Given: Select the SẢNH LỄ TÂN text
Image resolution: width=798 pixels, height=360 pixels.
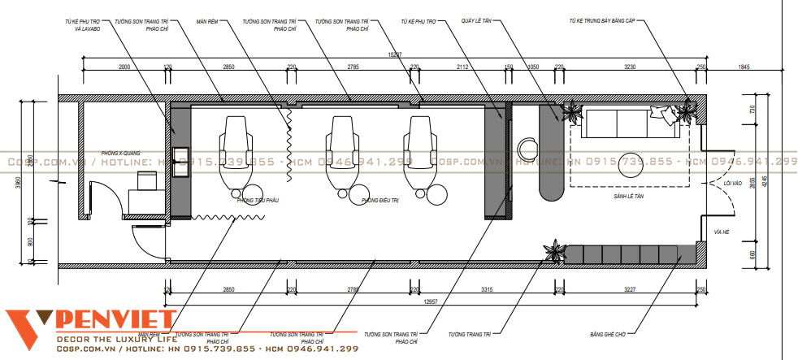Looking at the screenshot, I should [x=628, y=197].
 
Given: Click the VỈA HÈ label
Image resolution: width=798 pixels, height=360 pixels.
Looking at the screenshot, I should [x=720, y=232].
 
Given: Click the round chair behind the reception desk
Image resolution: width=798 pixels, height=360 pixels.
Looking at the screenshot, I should [x=528, y=150].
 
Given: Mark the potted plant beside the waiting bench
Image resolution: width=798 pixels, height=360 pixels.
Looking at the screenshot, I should [x=555, y=251].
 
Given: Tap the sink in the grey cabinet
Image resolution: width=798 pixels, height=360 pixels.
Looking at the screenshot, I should [x=180, y=155].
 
